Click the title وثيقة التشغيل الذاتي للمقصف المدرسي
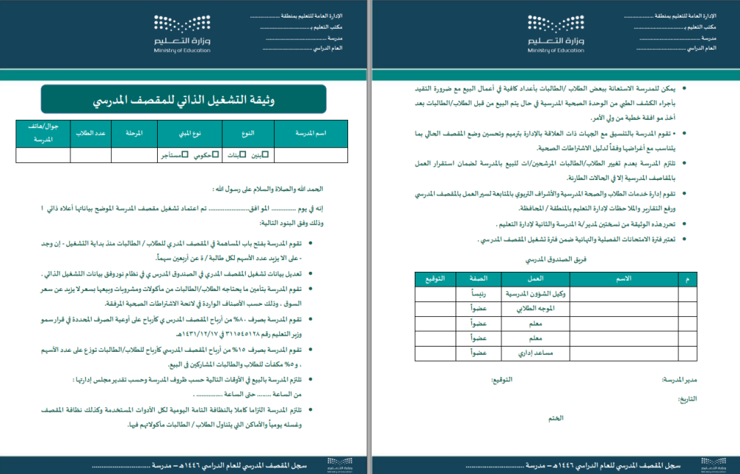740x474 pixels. [184, 99]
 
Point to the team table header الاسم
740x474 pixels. [624, 278]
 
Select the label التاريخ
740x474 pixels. [687, 399]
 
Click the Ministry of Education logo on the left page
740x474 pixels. [182, 33]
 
